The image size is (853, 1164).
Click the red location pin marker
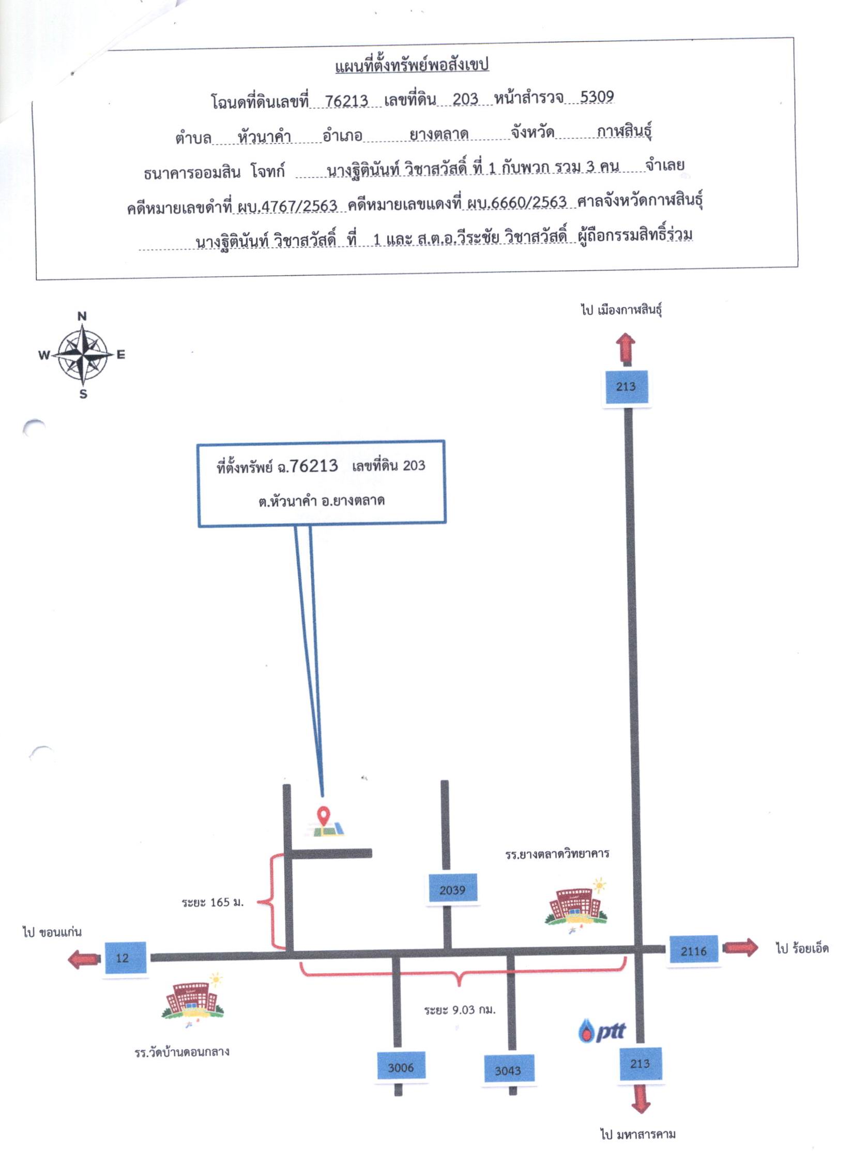[324, 816]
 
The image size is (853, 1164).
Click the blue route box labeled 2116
[694, 950]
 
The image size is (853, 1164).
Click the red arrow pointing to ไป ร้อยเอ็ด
[740, 947]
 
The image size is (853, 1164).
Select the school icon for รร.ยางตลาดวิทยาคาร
[576, 905]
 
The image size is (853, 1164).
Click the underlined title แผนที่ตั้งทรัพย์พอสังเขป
[412, 65]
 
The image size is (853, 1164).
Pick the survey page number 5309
[597, 97]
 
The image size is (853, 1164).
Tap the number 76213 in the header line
[346, 100]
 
